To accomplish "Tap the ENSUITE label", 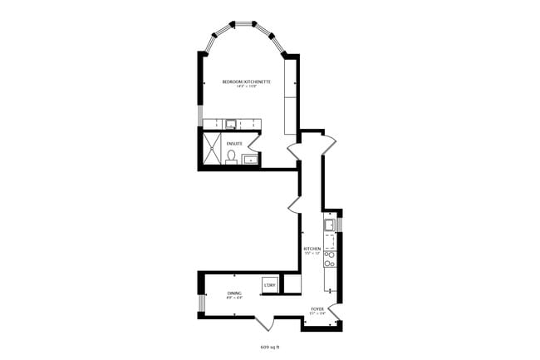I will [x=234, y=143].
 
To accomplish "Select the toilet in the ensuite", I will [x=231, y=156].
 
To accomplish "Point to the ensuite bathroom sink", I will [x=250, y=159].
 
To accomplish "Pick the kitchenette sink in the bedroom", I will [x=231, y=125].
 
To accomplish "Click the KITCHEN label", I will [x=312, y=248].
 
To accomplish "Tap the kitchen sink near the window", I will [x=330, y=224].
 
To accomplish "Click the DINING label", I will [x=234, y=293].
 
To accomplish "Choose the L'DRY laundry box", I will [x=269, y=284].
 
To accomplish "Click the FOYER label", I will [x=317, y=308].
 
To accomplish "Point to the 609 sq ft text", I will [x=270, y=347].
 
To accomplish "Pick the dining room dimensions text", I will [x=234, y=298].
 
